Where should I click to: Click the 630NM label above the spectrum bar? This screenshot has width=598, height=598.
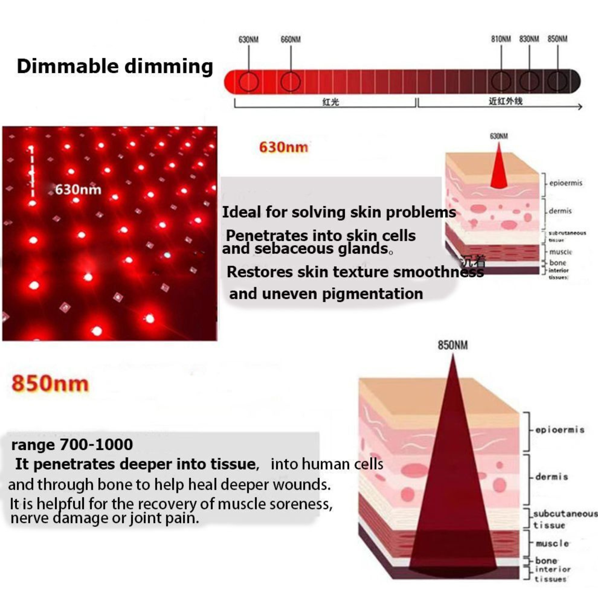248,40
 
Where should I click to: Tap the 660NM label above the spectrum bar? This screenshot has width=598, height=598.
291,40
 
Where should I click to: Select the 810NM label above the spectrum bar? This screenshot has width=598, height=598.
501,39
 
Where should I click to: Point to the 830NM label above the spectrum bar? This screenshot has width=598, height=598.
529,39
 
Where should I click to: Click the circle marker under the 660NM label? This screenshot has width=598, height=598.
290,82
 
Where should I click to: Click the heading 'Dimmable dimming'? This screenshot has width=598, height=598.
115,67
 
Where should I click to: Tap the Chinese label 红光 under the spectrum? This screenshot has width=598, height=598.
331,102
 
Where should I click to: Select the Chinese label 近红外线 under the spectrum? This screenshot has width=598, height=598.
505,101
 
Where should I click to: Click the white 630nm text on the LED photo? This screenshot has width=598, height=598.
78,190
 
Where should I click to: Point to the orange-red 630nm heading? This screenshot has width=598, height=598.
284,147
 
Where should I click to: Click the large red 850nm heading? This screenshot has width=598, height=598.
50,383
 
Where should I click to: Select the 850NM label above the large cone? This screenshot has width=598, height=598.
453,345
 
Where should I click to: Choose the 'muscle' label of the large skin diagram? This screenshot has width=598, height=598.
552,544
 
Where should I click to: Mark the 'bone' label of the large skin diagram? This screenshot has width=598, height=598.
546,561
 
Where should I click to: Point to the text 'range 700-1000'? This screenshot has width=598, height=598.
72,445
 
